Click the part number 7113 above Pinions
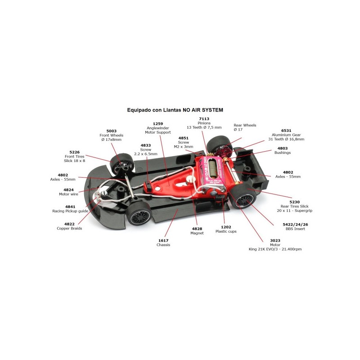click(x=204, y=119)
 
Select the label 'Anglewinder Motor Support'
click(x=158, y=130)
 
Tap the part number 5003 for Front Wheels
click(x=111, y=131)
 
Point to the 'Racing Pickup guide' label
click(x=70, y=211)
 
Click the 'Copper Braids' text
click(x=69, y=228)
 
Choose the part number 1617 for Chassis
click(x=163, y=240)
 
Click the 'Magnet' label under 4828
click(x=197, y=233)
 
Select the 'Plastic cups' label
click(x=226, y=231)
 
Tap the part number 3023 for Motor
click(x=275, y=240)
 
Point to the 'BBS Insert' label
click(x=295, y=229)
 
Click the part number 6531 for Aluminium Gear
click(x=286, y=130)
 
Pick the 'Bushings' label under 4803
click(x=283, y=153)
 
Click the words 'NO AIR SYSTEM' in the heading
click(x=203, y=110)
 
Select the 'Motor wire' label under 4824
click(x=68, y=194)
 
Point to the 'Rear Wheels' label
click(x=245, y=125)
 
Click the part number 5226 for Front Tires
click(x=74, y=152)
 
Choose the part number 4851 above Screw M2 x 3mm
click(x=184, y=138)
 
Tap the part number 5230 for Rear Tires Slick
click(x=295, y=202)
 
